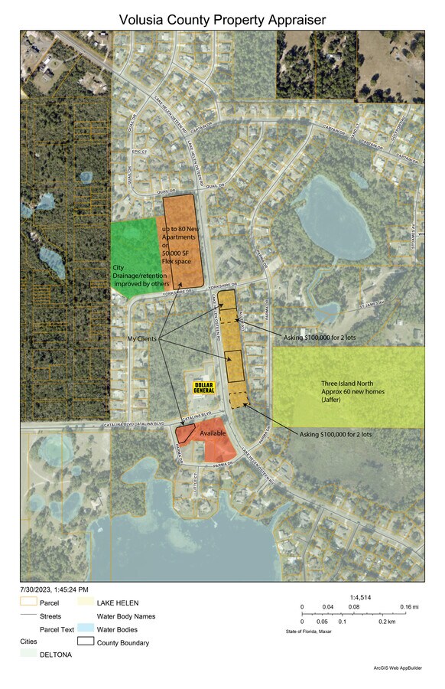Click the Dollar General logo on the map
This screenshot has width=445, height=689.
click(204, 387)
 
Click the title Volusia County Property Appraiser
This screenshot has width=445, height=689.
click(222, 19)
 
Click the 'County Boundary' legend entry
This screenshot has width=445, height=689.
click(122, 643)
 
